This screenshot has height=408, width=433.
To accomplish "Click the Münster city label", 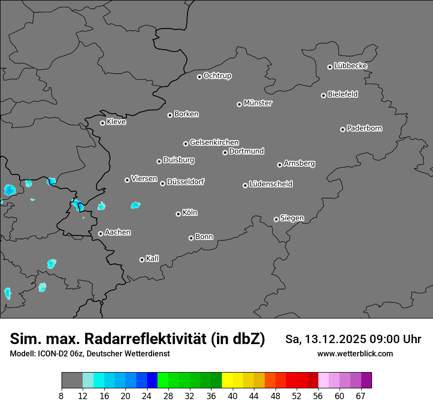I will pos(258,103).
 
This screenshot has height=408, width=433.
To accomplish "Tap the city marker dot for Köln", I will pos(178,214).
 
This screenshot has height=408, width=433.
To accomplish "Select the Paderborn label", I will pos(364,128).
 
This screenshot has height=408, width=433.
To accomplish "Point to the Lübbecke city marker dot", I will pos(330,67).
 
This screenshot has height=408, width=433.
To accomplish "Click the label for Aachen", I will pos(118,232).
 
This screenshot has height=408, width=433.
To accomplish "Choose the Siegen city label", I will pos(292,218).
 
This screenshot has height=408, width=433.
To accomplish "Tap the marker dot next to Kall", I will pos(142,260).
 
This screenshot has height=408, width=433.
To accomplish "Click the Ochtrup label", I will pos(217,76).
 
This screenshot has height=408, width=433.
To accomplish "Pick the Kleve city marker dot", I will pos(102,123).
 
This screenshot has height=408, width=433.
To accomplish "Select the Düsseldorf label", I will pos(186,182).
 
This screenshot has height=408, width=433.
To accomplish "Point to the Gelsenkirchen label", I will pos(214,143).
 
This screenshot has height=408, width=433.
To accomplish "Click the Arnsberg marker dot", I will pos(279,165).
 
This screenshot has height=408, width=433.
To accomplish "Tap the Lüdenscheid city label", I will pos(271,184).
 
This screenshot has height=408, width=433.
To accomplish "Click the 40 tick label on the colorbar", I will pos(233,396).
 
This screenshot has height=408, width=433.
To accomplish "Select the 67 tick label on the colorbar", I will pos(361,396).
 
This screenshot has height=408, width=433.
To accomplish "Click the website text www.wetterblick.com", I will pos(355,353).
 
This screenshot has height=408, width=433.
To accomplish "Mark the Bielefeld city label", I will pos(342,94).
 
